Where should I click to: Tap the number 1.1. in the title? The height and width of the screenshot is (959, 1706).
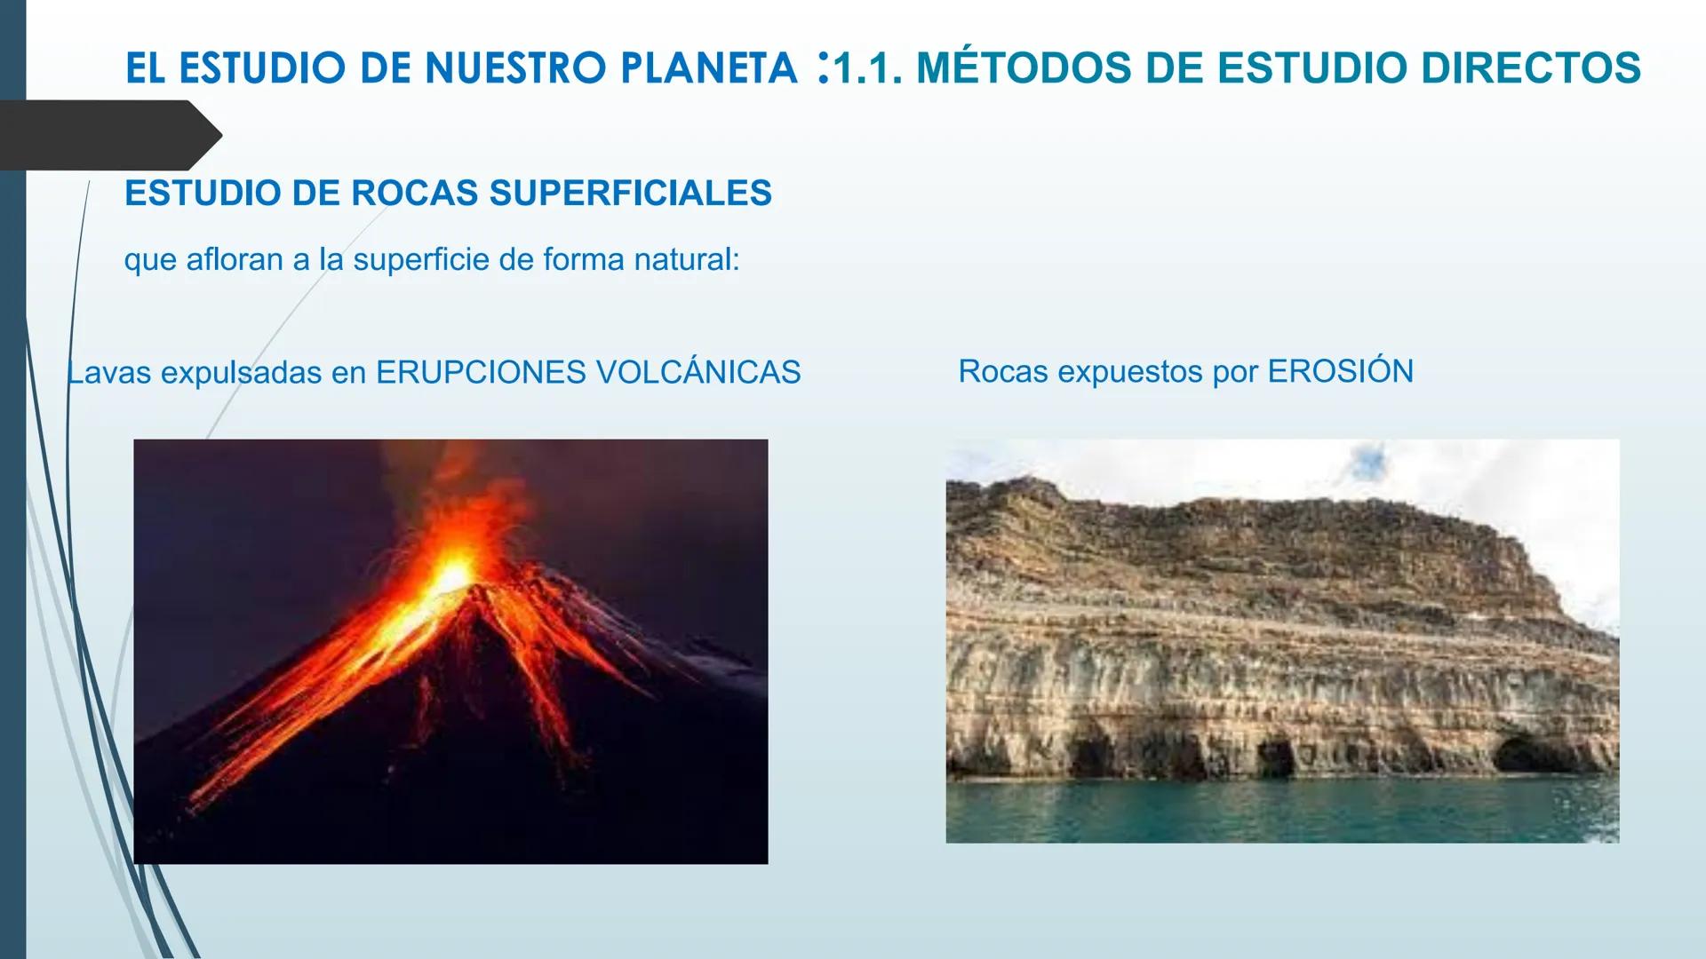pos(867,69)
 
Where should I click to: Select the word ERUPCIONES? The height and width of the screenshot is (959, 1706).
pos(481,372)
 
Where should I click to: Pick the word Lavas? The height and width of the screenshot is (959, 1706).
pos(109,372)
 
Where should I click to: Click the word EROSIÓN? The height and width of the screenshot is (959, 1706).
pos(1340,371)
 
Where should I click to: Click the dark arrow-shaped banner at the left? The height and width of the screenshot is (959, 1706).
pos(107,135)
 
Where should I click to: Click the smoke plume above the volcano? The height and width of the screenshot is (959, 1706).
pos(426,471)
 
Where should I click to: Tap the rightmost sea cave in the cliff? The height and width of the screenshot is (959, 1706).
pos(1521,755)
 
